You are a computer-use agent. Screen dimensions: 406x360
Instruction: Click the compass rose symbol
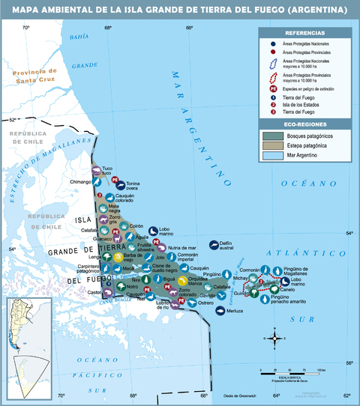275,339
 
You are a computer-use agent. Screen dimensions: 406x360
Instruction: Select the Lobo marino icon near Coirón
153,231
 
